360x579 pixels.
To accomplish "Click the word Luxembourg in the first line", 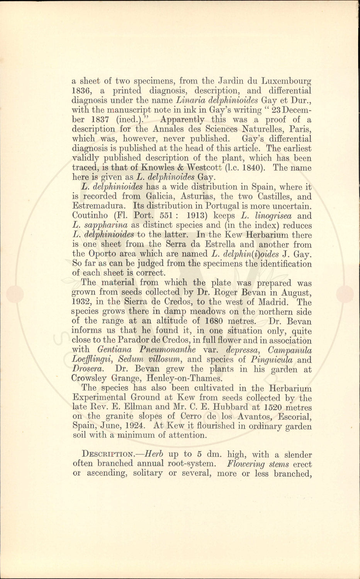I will [x=286, y=81].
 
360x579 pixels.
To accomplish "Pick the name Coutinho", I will [x=91, y=216].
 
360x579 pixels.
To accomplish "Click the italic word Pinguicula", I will [x=271, y=360].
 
